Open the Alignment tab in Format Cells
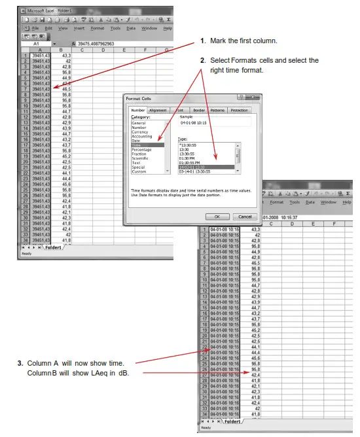coord(158,111)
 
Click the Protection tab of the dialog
coord(238,111)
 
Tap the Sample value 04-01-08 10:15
coord(194,122)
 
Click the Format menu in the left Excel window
coord(98,28)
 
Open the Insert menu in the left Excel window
coord(79,28)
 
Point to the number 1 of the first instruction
coord(204,41)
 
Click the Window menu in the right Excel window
coord(328,202)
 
